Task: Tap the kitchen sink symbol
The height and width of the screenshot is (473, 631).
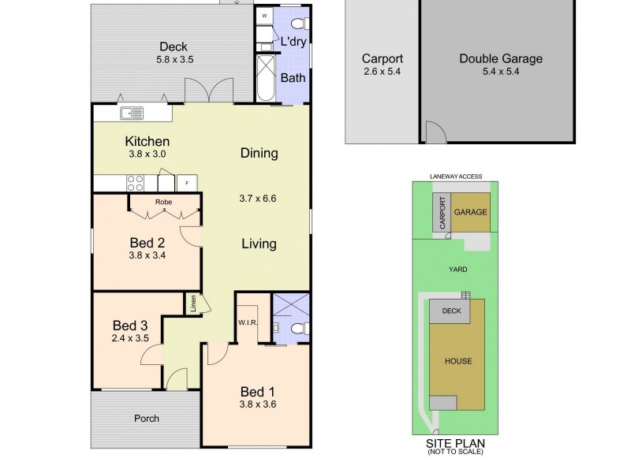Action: point(131,114)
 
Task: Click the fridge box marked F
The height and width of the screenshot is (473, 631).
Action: point(187,183)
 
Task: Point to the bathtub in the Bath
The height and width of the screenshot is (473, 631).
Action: point(266,78)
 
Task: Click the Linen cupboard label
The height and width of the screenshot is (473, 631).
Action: point(192,304)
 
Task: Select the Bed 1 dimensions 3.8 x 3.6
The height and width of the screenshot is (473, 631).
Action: point(257,405)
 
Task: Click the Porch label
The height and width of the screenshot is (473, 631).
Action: point(146,418)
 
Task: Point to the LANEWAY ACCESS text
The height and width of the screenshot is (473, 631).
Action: point(456,177)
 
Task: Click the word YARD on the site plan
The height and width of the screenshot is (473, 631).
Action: point(457,270)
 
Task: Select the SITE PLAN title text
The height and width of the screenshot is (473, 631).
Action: point(457,443)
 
